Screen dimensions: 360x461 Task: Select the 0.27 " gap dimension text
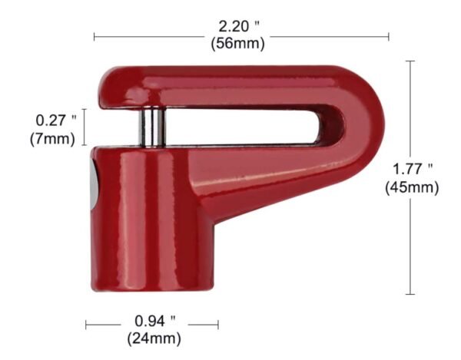(x=56, y=121)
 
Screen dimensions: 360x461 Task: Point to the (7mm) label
(x=52, y=139)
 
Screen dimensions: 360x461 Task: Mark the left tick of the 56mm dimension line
(x=94, y=35)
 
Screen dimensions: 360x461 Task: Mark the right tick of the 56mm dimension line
(x=389, y=35)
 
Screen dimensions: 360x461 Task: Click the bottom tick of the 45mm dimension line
(x=410, y=294)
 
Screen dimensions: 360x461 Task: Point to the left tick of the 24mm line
(x=86, y=325)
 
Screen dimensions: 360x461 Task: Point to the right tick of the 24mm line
(x=218, y=325)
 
